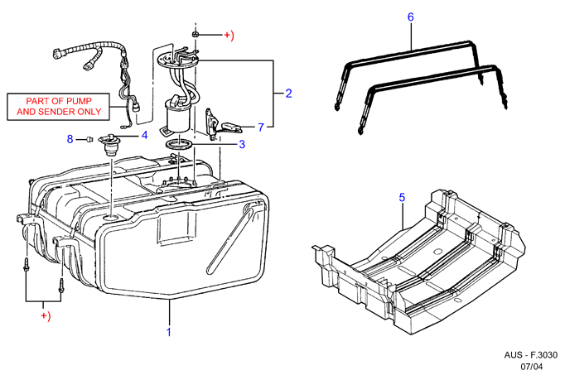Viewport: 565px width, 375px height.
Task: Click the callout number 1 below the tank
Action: tap(169, 332)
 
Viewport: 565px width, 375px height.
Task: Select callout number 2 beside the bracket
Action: tap(288, 94)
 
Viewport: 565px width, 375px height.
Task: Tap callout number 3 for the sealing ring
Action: tap(242, 144)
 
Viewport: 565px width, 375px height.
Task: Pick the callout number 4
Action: tap(144, 135)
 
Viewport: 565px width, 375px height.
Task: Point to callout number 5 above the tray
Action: tap(402, 197)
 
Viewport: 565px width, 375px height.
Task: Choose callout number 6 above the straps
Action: tap(410, 17)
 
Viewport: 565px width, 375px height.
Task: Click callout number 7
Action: tap(261, 127)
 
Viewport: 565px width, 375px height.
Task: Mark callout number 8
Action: tap(70, 139)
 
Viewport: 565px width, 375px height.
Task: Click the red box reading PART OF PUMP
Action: tap(58, 107)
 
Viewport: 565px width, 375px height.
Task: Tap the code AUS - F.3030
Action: tap(530, 355)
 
